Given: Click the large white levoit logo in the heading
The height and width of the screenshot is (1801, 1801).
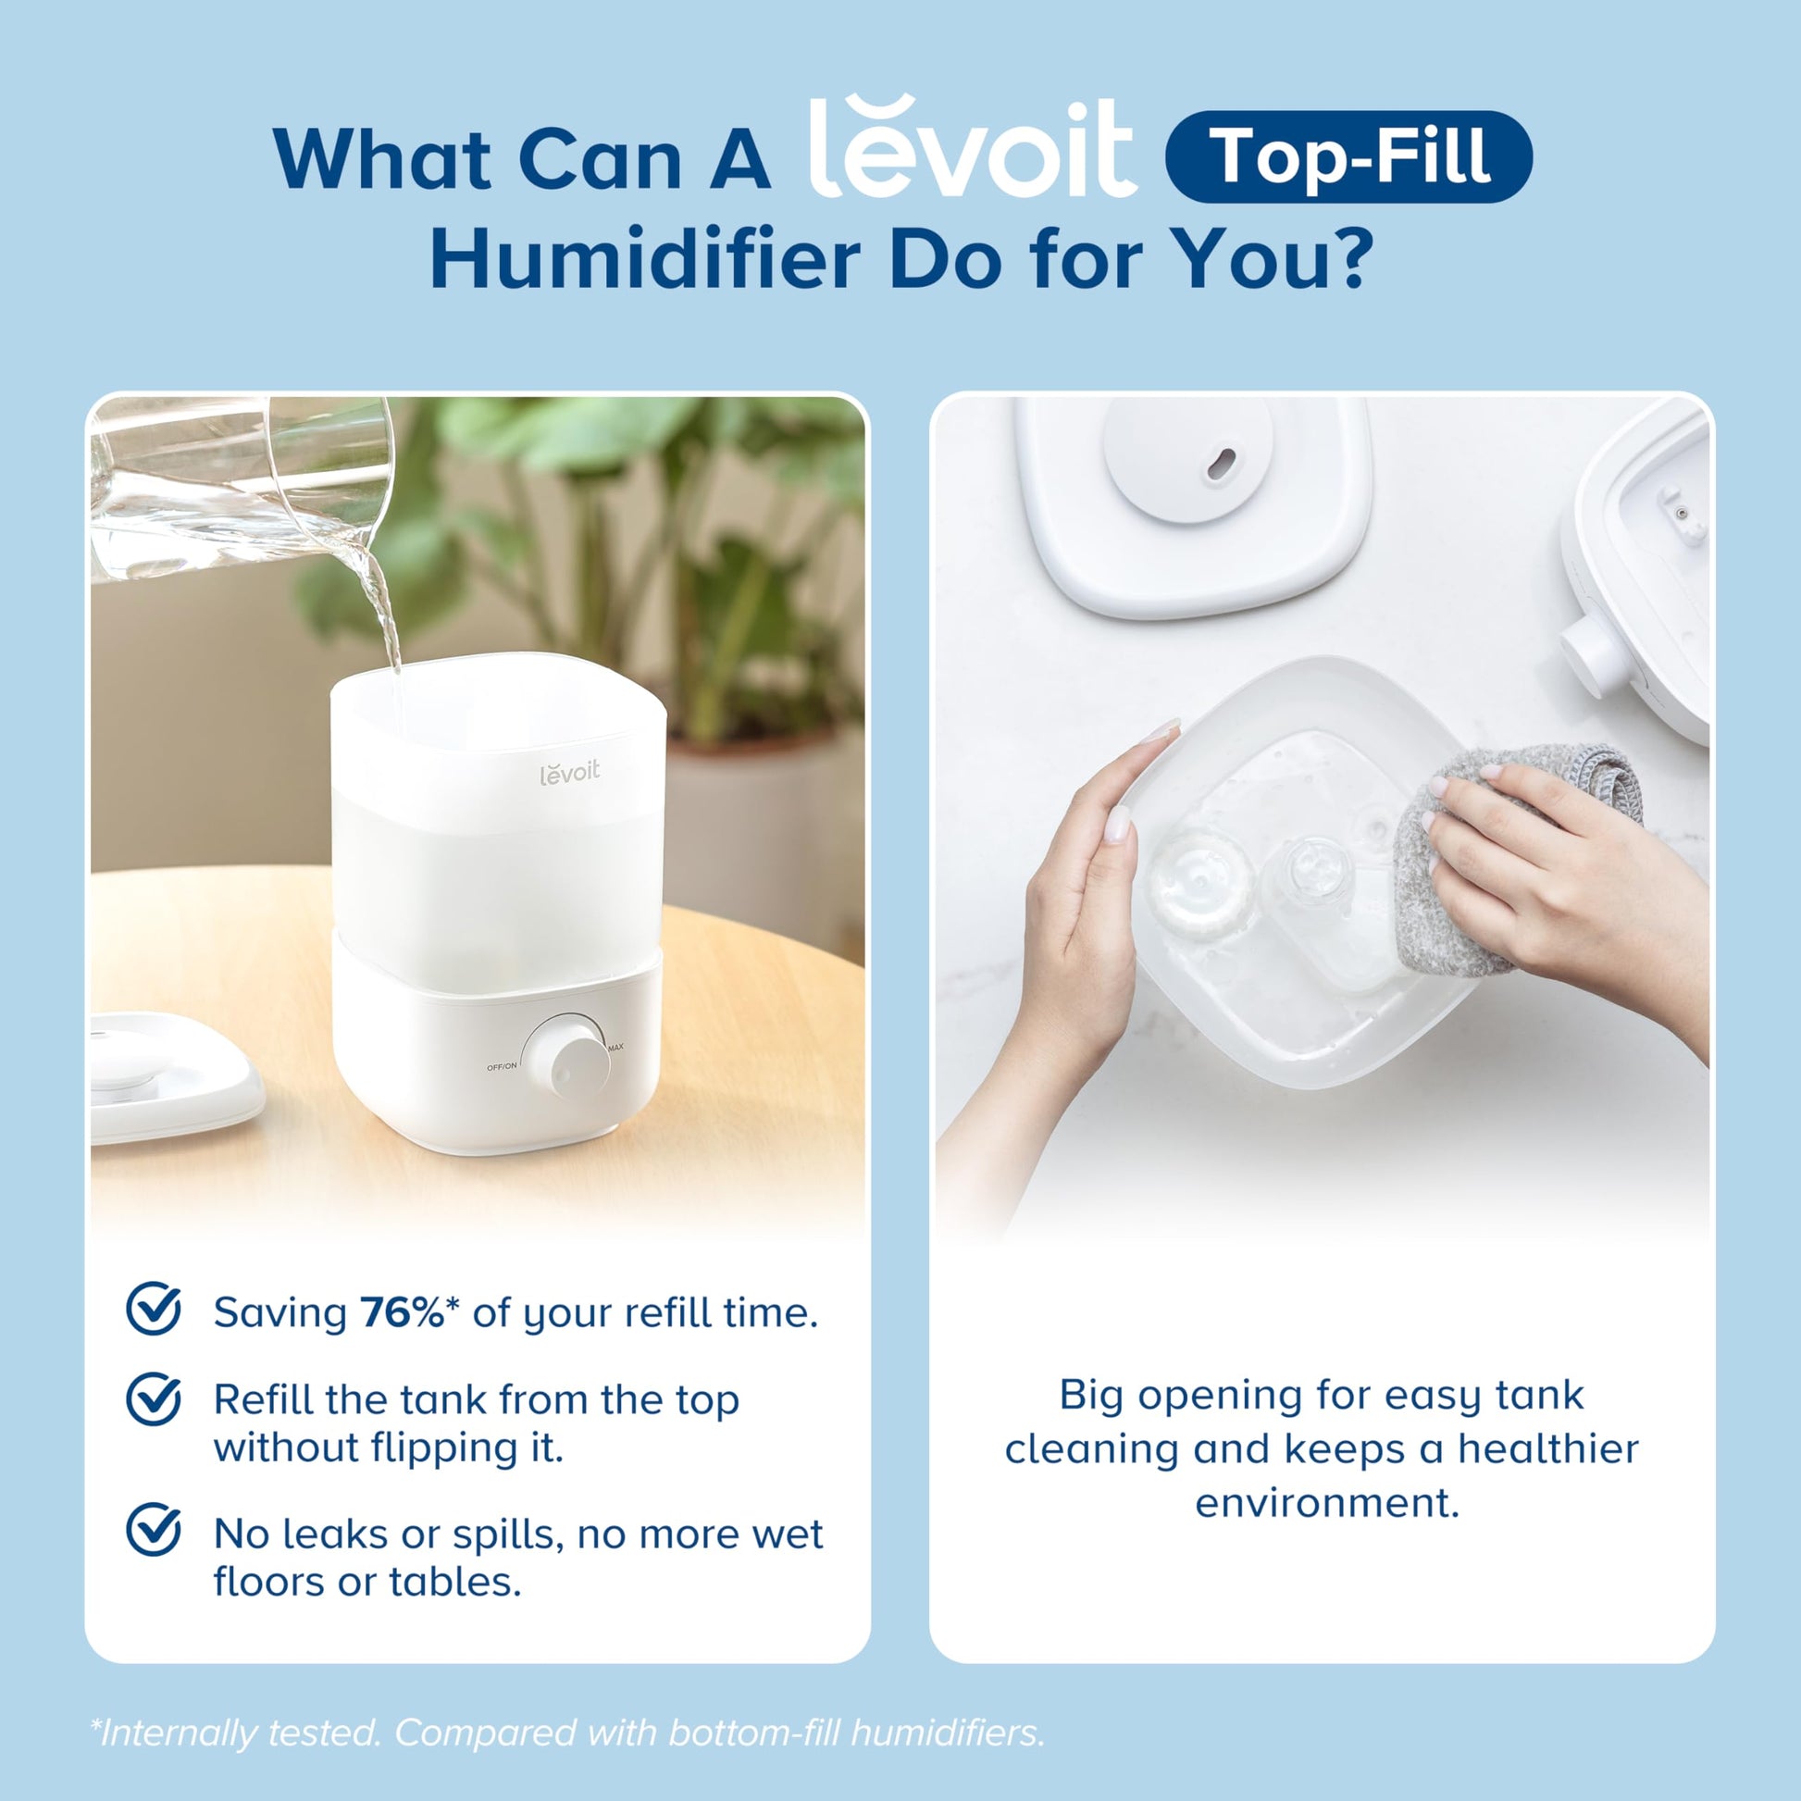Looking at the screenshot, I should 972,149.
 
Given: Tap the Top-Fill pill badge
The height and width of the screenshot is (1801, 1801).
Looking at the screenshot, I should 1348,156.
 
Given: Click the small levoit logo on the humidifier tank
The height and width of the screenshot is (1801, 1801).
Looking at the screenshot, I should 569,772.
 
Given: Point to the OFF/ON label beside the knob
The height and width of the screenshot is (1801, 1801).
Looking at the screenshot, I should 502,1066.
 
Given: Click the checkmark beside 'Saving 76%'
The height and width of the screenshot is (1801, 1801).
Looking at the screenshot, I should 153,1309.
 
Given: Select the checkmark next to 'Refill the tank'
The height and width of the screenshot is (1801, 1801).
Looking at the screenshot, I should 153,1398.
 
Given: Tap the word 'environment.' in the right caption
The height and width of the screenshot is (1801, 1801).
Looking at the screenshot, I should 1326,1503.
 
